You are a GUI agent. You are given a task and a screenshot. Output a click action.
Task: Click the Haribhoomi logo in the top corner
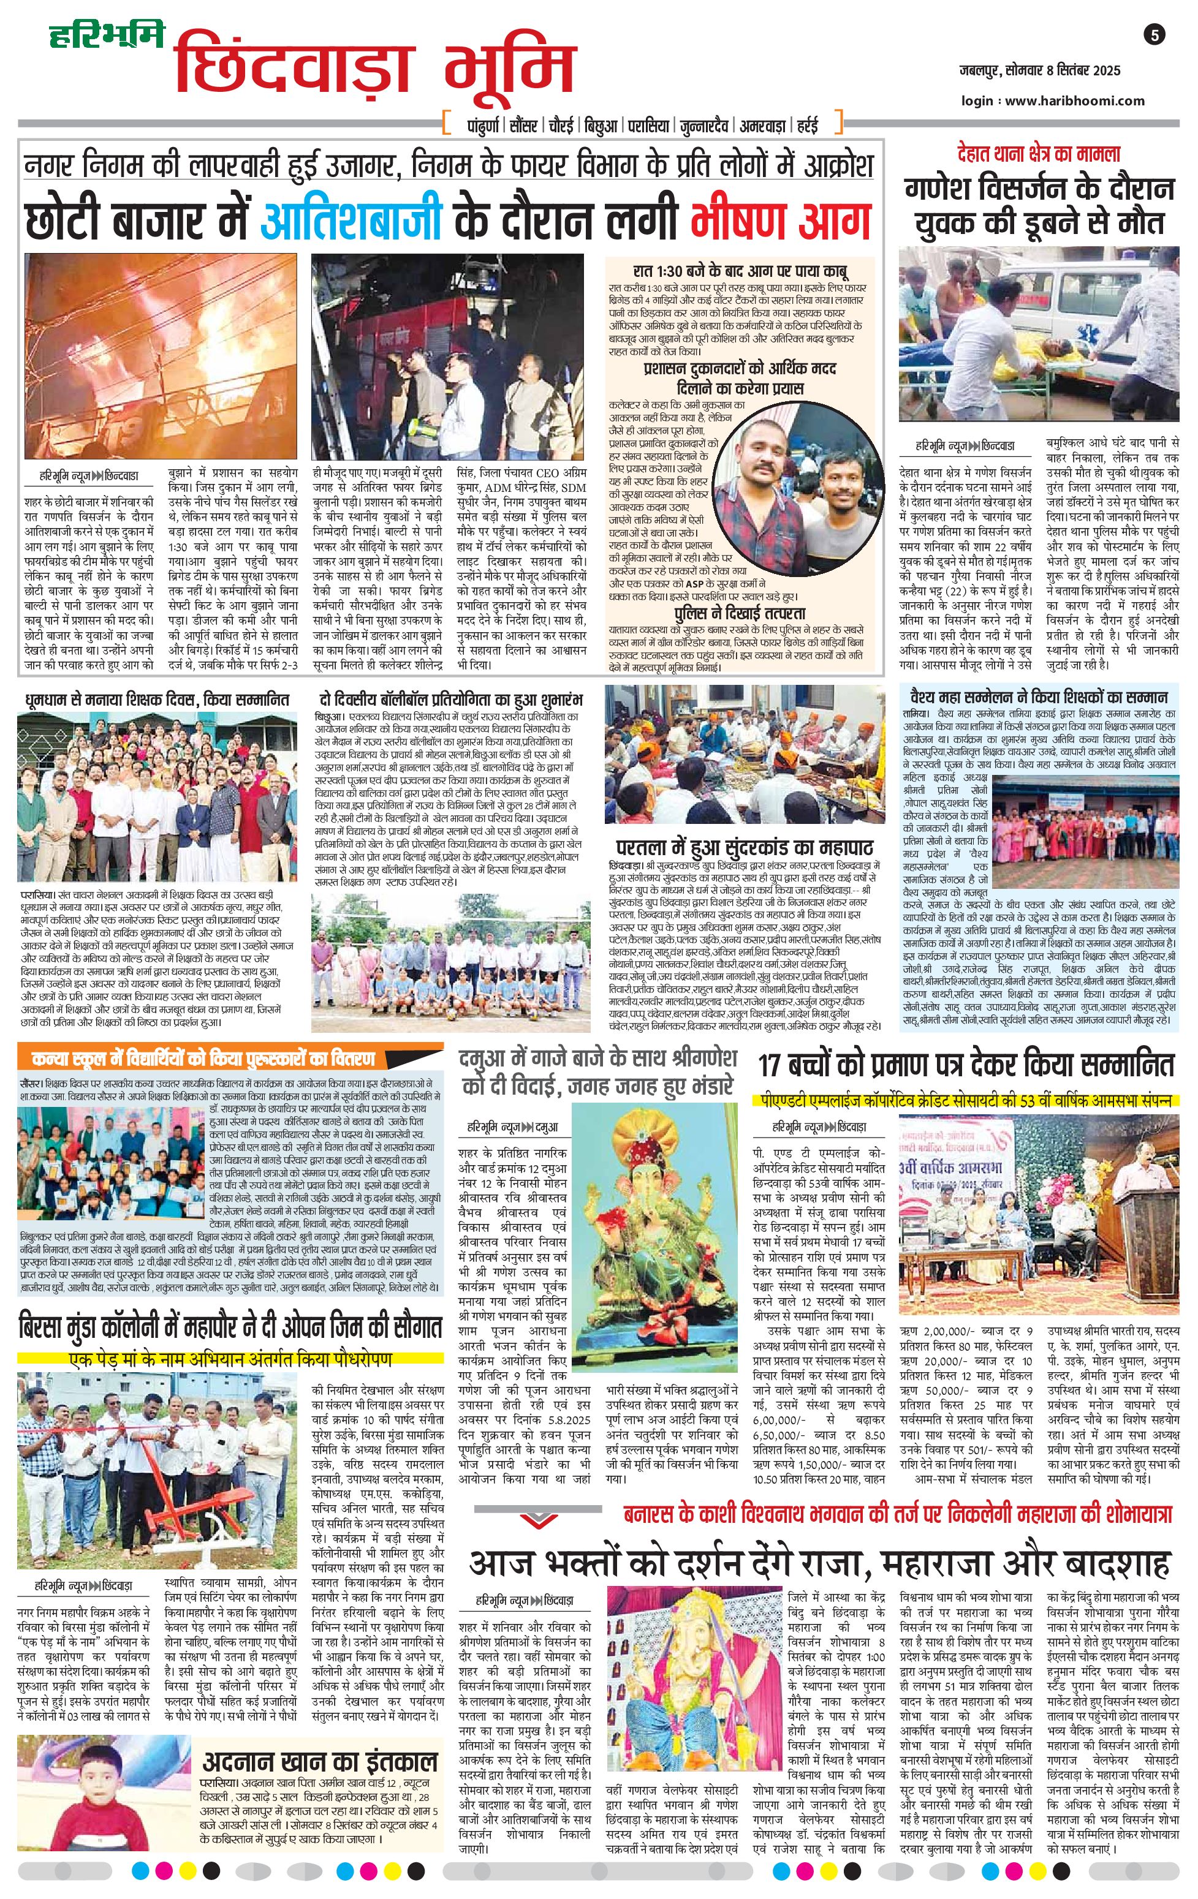(x=107, y=36)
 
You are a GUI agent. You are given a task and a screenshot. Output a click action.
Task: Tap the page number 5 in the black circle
(x=1153, y=36)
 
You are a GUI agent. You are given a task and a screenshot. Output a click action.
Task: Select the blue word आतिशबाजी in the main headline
(x=351, y=219)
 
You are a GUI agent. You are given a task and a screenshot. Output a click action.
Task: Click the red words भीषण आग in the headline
(x=780, y=219)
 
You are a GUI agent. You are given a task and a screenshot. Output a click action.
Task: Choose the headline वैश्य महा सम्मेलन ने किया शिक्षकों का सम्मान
(x=1038, y=698)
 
